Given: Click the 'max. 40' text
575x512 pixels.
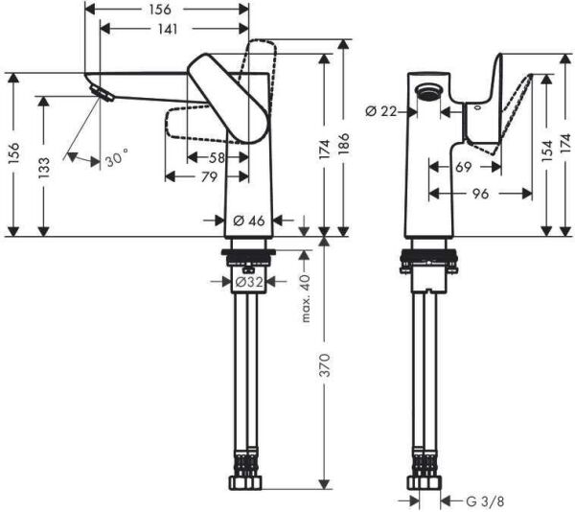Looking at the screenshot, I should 307,298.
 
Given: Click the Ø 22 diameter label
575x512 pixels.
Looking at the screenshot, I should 380,112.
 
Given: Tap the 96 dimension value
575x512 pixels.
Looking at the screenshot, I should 479,193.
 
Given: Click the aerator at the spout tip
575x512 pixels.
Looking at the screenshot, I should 97,90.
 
